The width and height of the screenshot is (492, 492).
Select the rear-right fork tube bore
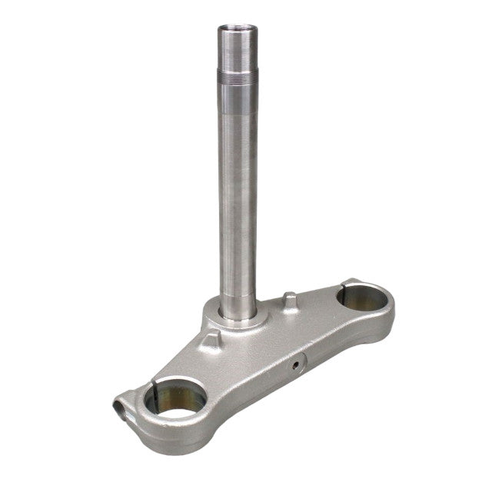coord(355,296)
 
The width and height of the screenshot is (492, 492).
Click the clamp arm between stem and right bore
coord(300,323)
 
